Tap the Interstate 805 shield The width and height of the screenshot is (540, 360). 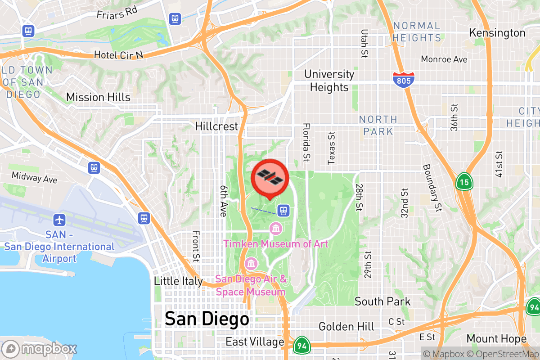pos(403,80)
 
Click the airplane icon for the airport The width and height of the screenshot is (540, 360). pos(59,220)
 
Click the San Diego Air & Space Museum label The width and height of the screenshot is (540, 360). pos(251,285)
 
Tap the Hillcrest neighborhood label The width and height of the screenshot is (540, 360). pos(216,126)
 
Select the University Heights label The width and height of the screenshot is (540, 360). pos(329,81)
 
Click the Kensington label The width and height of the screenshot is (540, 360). pos(497,33)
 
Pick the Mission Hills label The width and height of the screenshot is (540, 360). pos(98,97)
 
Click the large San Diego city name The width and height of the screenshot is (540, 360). pos(207,319)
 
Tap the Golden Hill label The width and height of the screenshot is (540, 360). pos(346,326)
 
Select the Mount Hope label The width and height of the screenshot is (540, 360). pos(496,338)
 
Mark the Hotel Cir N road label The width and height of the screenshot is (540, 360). pos(118,55)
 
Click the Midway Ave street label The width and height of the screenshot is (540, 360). pos(35,177)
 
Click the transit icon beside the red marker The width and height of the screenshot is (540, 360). pos(283,210)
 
